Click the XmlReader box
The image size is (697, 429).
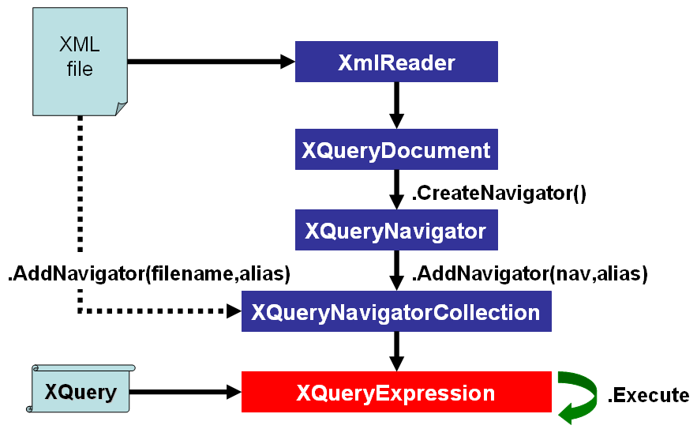[396, 62]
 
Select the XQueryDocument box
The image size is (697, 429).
[396, 149]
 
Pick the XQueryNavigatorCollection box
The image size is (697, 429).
[396, 311]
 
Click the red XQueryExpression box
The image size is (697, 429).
[396, 392]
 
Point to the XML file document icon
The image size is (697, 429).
[79, 59]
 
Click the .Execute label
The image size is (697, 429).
[648, 395]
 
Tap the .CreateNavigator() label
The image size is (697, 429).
[499, 192]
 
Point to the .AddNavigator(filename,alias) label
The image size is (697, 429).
[149, 273]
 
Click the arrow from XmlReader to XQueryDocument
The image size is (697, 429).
[396, 104]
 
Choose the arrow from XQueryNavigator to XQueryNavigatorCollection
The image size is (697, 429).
[396, 270]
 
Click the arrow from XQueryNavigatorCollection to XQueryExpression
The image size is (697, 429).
[396, 351]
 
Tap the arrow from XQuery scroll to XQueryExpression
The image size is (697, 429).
[186, 391]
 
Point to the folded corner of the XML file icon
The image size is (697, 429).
[121, 108]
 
